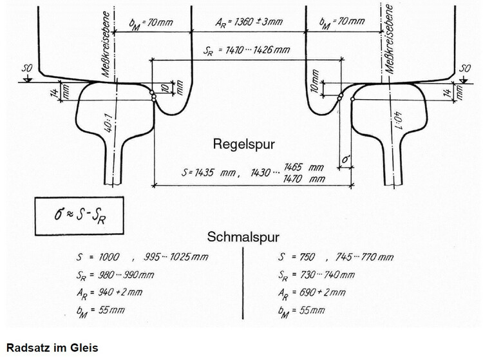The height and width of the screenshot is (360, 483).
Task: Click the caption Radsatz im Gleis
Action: [x=50, y=348]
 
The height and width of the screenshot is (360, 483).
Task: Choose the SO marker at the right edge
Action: [x=464, y=68]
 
